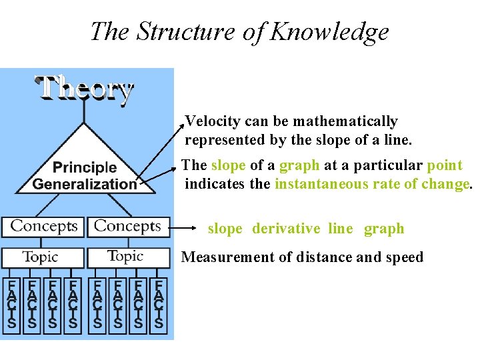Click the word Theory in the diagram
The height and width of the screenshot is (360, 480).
pyautogui.click(x=84, y=89)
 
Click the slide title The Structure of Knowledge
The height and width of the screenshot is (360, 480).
pyautogui.click(x=239, y=31)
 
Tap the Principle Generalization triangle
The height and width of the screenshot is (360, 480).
pyautogui.click(x=84, y=170)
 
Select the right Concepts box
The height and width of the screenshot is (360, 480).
pyautogui.click(x=128, y=226)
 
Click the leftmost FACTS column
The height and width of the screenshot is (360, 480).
pyautogui.click(x=11, y=304)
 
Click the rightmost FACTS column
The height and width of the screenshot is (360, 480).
pyautogui.click(x=159, y=304)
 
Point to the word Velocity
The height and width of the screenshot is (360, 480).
pyautogui.click(x=212, y=121)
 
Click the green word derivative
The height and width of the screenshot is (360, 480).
pyautogui.click(x=286, y=229)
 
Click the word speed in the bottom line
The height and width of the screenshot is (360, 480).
pyautogui.click(x=401, y=257)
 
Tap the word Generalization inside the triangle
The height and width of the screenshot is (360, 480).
pyautogui.click(x=84, y=184)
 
